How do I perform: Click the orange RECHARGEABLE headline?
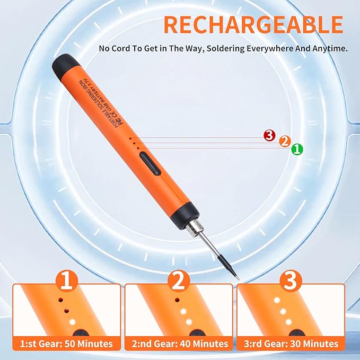(253, 25)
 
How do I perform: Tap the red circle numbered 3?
(269, 135)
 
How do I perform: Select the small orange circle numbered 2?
(285, 142)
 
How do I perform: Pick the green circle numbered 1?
(297, 150)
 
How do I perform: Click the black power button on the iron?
(150, 164)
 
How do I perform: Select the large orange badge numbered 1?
(67, 281)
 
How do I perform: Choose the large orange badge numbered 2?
(179, 281)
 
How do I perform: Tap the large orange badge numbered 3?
(291, 281)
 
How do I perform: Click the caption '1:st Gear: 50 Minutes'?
(67, 344)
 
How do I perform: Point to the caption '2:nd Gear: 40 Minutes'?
(180, 344)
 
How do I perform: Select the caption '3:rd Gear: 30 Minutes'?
(291, 344)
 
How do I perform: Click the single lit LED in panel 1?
(73, 322)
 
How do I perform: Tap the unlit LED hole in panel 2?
(177, 300)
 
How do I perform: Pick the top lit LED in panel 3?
(277, 300)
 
